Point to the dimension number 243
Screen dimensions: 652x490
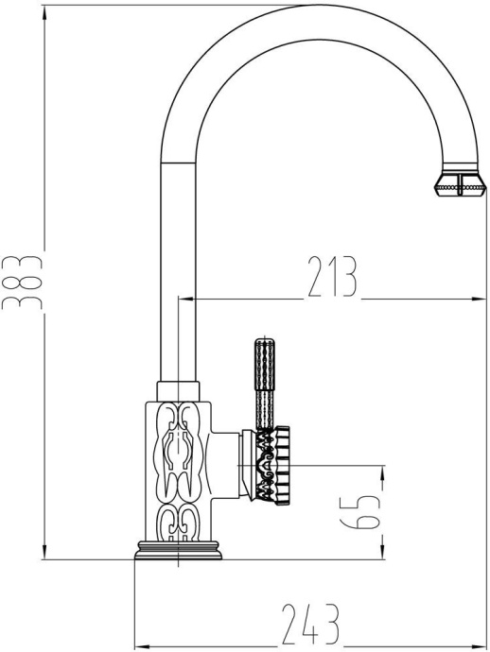(310, 625)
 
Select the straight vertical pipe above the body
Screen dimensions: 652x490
(178, 274)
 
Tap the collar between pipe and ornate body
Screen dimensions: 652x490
(179, 388)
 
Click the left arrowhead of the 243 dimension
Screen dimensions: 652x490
(139, 647)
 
